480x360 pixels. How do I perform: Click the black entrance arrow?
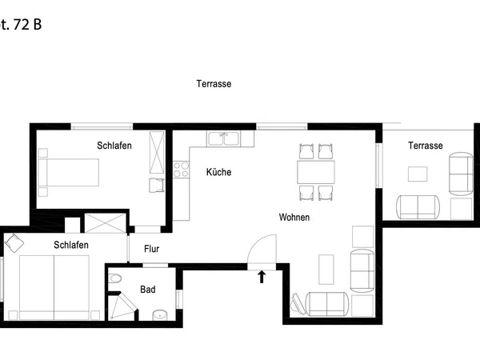tap(261, 277)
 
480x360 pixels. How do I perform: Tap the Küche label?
tap(218, 172)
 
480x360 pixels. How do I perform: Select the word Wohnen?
tap(294, 218)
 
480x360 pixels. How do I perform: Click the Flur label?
tap(151, 249)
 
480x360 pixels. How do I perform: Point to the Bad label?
tap(147, 290)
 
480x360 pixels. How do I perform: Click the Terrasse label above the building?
tap(214, 84)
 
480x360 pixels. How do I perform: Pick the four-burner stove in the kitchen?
tap(181, 170)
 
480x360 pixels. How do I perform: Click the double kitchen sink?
tap(223, 138)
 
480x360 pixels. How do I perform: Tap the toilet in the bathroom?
tap(114, 278)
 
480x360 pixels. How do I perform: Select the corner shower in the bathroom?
tap(122, 306)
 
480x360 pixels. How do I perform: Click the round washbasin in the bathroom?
tap(160, 315)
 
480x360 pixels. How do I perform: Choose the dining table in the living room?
tap(316, 172)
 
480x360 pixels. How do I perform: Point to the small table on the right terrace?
tap(418, 174)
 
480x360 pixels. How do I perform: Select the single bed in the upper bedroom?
tap(68, 172)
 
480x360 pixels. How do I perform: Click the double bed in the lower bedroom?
tap(54, 288)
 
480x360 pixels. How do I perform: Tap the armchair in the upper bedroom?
tap(157, 186)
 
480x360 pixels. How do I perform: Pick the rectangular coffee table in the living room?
tap(326, 270)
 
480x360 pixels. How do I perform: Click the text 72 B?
tap(27, 25)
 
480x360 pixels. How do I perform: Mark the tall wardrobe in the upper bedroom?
tap(157, 153)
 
